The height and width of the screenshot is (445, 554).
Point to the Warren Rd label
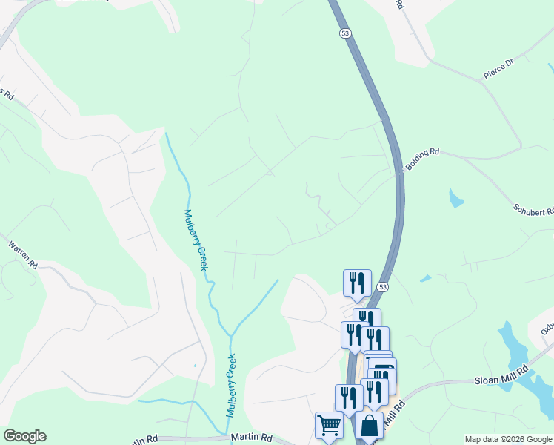tap(23, 253)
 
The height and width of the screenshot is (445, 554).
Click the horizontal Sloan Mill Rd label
tap(501, 378)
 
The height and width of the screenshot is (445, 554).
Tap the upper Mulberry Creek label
tap(195, 239)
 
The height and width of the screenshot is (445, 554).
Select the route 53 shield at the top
tap(345, 33)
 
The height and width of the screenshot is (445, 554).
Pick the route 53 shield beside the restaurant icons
tap(382, 286)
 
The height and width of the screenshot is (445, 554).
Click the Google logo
tap(24, 436)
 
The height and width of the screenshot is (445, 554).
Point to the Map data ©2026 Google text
tap(508, 439)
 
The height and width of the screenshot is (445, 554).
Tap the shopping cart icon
tap(329, 426)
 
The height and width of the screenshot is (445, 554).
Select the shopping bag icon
tap(369, 426)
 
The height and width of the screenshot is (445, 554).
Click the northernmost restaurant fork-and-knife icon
tap(356, 282)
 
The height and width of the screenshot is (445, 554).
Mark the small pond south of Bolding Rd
tap(456, 198)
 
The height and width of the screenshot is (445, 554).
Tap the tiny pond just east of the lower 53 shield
tap(425, 279)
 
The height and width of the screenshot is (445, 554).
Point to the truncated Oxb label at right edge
tap(547, 327)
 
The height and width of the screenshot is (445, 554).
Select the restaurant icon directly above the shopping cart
tap(349, 398)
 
